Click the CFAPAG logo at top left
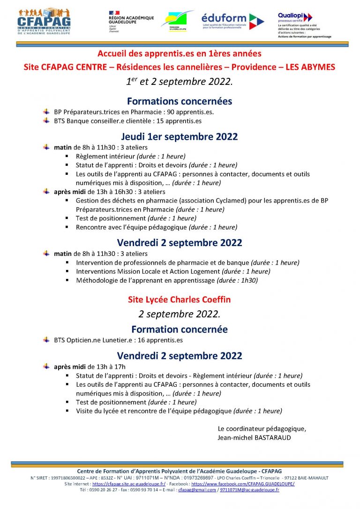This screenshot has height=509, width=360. pyautogui.click(x=44, y=21)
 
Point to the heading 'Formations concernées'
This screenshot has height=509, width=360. pyautogui.click(x=180, y=101)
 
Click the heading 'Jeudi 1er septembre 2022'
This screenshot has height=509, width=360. pyautogui.click(x=180, y=137)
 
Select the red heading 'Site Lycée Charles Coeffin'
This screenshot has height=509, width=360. pyautogui.click(x=180, y=299)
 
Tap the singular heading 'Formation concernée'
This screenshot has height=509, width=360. pyautogui.click(x=180, y=329)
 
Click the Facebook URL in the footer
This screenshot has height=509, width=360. pyautogui.click(x=243, y=484)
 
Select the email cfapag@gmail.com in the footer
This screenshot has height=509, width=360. pyautogui.click(x=197, y=490)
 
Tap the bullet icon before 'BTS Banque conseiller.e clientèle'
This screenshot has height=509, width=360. pyautogui.click(x=46, y=120)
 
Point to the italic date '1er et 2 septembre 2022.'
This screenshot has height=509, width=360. pyautogui.click(x=180, y=82)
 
